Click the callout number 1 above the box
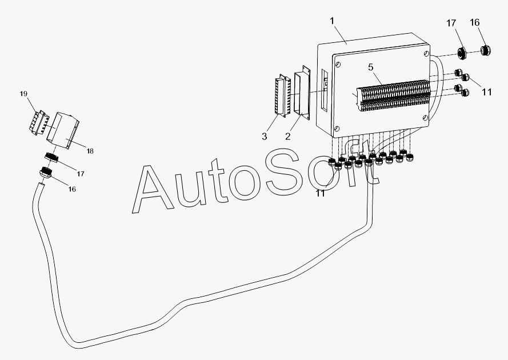pyautogui.click(x=333, y=21)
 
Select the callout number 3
pyautogui.click(x=265, y=136)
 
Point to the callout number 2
pyautogui.click(x=287, y=136)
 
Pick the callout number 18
pyautogui.click(x=90, y=151)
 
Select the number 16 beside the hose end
pyautogui.click(x=71, y=188)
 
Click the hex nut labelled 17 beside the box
pyautogui.click(x=463, y=54)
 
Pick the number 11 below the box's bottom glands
pyautogui.click(x=321, y=193)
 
